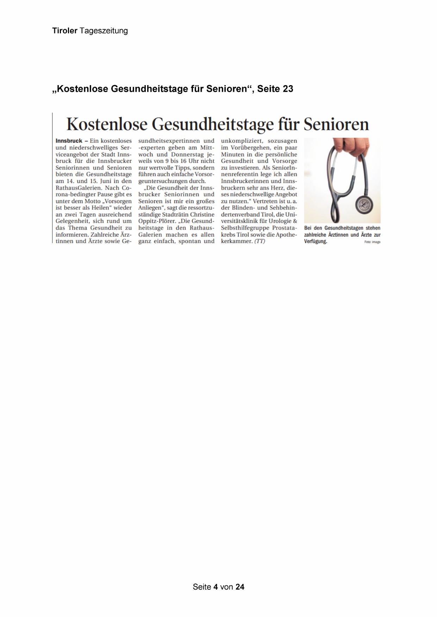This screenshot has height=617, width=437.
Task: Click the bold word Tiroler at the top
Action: pos(65,31)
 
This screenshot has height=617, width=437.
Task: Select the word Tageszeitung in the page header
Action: pos(104,31)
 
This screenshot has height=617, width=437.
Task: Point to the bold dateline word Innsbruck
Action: pos(69,141)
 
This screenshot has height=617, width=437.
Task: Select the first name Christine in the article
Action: pos(202,215)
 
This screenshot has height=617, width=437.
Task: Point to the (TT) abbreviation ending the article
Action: pos(260,241)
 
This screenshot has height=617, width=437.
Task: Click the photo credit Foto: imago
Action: pos(372,242)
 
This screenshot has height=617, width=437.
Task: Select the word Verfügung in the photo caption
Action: pos(315,241)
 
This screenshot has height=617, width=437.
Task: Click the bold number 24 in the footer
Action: pos(240,587)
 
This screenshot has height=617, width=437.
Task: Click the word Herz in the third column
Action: pos(278,188)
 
